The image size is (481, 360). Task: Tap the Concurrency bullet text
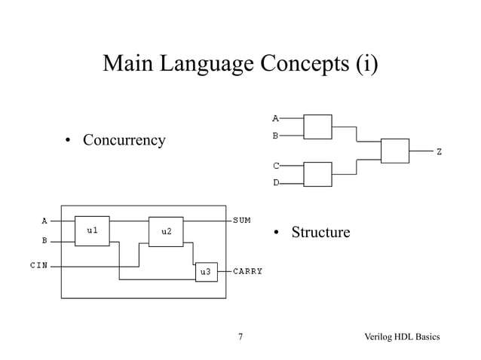tap(124, 141)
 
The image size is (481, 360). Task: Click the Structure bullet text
tap(320, 232)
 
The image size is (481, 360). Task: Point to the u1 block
tap(92, 230)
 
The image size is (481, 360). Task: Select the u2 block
tap(166, 231)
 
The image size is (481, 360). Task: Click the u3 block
tap(205, 271)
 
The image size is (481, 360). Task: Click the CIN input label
tap(39, 266)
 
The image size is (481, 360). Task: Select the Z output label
tap(440, 152)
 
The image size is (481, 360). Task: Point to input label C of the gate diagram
tap(276, 165)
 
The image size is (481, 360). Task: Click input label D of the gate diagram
tap(276, 183)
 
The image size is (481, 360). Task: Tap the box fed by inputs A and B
tap(317, 127)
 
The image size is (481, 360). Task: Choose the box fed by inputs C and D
tap(317, 174)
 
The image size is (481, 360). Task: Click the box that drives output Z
tap(394, 151)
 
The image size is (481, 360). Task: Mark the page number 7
tap(240, 337)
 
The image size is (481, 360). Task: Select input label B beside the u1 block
tap(44, 241)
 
